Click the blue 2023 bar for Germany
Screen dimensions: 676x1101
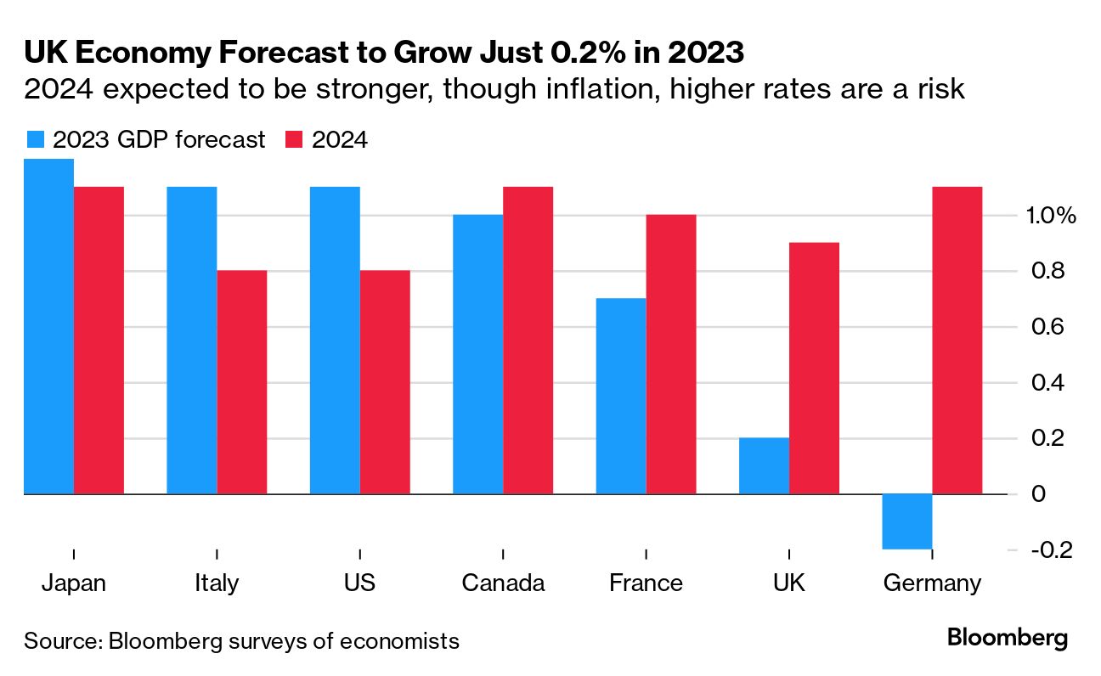pyautogui.click(x=907, y=521)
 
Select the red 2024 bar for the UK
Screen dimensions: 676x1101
pyautogui.click(x=814, y=368)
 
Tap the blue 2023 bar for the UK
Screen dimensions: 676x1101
pyautogui.click(x=764, y=465)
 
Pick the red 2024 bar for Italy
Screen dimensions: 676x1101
pyautogui.click(x=242, y=381)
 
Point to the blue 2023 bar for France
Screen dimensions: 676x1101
pyautogui.click(x=621, y=396)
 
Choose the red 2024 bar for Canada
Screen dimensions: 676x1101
pyautogui.click(x=528, y=340)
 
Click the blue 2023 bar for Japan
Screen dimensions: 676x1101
pyautogui.click(x=48, y=326)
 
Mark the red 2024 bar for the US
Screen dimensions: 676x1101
pyautogui.click(x=385, y=381)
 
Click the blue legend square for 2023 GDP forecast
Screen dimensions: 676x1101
pyautogui.click(x=35, y=139)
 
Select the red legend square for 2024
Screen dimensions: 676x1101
pyautogui.click(x=294, y=139)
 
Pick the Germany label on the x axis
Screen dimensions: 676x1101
pyautogui.click(x=932, y=583)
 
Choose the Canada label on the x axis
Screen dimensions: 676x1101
pyautogui.click(x=503, y=583)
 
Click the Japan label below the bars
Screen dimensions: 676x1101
pyautogui.click(x=74, y=583)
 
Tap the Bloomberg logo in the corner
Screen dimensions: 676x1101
pyautogui.click(x=1007, y=639)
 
